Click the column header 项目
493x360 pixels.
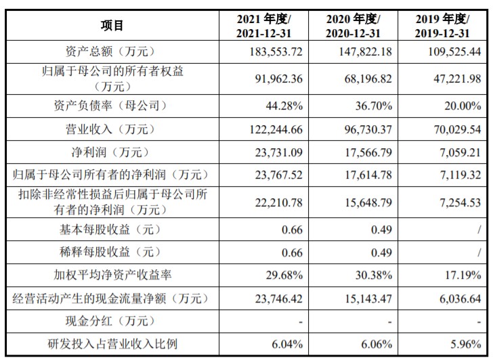[112, 26]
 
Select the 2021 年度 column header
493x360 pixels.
[263, 26]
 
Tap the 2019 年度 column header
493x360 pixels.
[442, 26]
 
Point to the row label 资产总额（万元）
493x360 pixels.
[112, 51]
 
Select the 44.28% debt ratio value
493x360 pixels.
[284, 106]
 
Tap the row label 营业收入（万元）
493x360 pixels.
[112, 129]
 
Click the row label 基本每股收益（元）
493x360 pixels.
[112, 230]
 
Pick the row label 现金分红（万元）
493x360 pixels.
[112, 321]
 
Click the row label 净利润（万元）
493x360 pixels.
[112, 152]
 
